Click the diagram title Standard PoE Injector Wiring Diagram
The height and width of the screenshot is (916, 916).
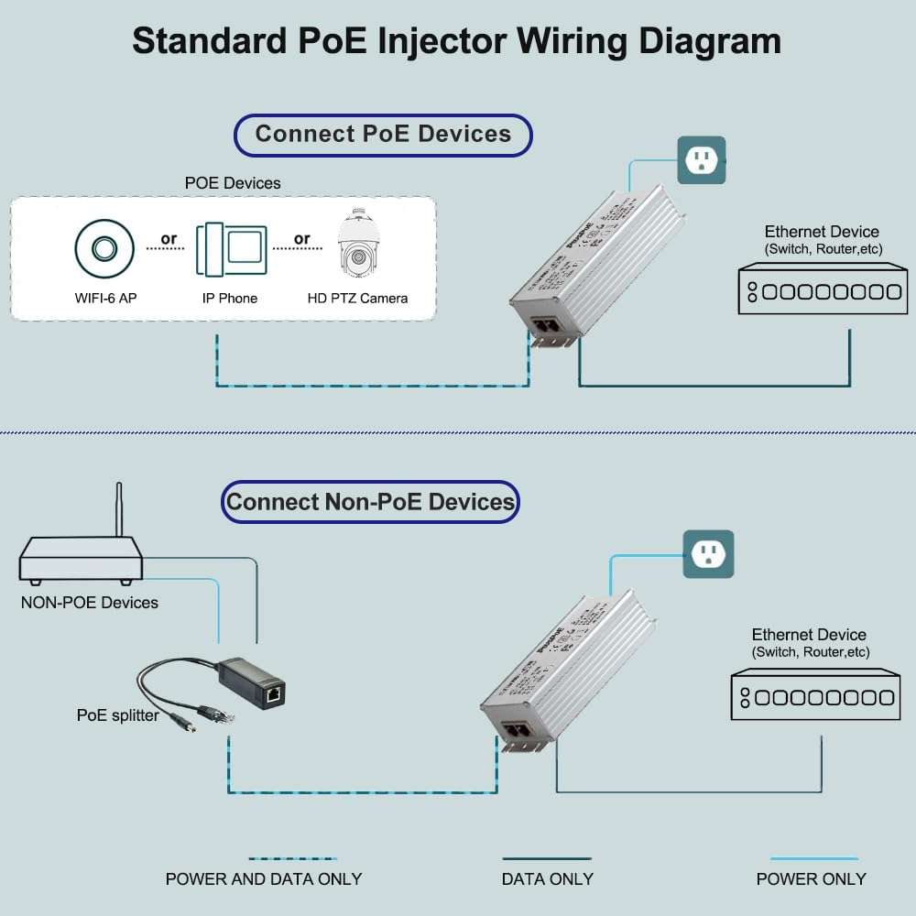[456, 41]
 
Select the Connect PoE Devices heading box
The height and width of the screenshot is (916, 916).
[383, 135]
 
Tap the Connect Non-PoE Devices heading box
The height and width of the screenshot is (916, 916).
[370, 502]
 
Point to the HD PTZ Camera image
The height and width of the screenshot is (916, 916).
[358, 245]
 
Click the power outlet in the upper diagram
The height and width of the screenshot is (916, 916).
[701, 160]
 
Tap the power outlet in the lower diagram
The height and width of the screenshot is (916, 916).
[708, 554]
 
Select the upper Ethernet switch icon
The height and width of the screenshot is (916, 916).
[822, 289]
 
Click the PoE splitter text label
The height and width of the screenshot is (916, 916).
[117, 715]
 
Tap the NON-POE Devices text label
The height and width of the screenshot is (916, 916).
[89, 603]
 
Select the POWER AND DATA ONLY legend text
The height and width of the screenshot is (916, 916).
[264, 879]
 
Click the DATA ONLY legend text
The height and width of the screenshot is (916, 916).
[547, 879]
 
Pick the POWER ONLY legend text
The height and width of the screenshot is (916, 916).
[811, 879]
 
